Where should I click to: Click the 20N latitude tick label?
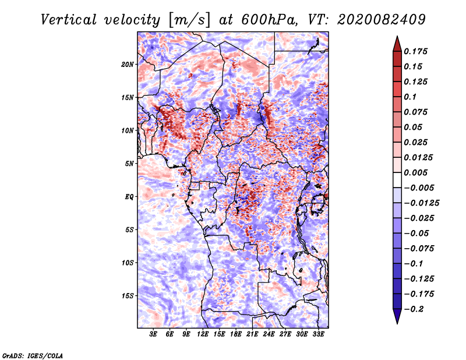tap(128, 65)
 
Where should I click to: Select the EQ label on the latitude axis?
tap(129, 197)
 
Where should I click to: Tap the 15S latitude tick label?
tap(128, 296)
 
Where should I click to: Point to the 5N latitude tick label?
tap(129, 164)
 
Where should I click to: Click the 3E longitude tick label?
tap(153, 334)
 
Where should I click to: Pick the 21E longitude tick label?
tap(252, 334)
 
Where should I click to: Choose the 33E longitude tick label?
tap(318, 334)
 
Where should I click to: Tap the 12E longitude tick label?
tap(203, 334)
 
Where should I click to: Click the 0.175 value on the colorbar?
tap(415, 51)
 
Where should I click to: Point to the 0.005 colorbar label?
tap(415, 172)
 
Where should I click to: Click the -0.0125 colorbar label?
tap(421, 203)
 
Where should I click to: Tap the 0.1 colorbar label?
tap(410, 97)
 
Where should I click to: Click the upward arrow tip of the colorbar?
tap(397, 36)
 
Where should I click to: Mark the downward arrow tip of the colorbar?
tap(397, 323)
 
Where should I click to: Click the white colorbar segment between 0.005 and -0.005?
tap(397, 180)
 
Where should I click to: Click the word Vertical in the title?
tap(69, 20)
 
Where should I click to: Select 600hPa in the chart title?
tap(269, 20)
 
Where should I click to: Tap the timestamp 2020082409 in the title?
tap(382, 20)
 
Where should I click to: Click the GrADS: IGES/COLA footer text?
tap(33, 355)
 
